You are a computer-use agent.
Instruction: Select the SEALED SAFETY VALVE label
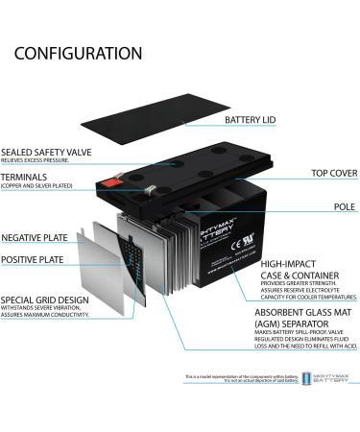(x=53, y=151)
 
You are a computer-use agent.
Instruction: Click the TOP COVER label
(x=308, y=175)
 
